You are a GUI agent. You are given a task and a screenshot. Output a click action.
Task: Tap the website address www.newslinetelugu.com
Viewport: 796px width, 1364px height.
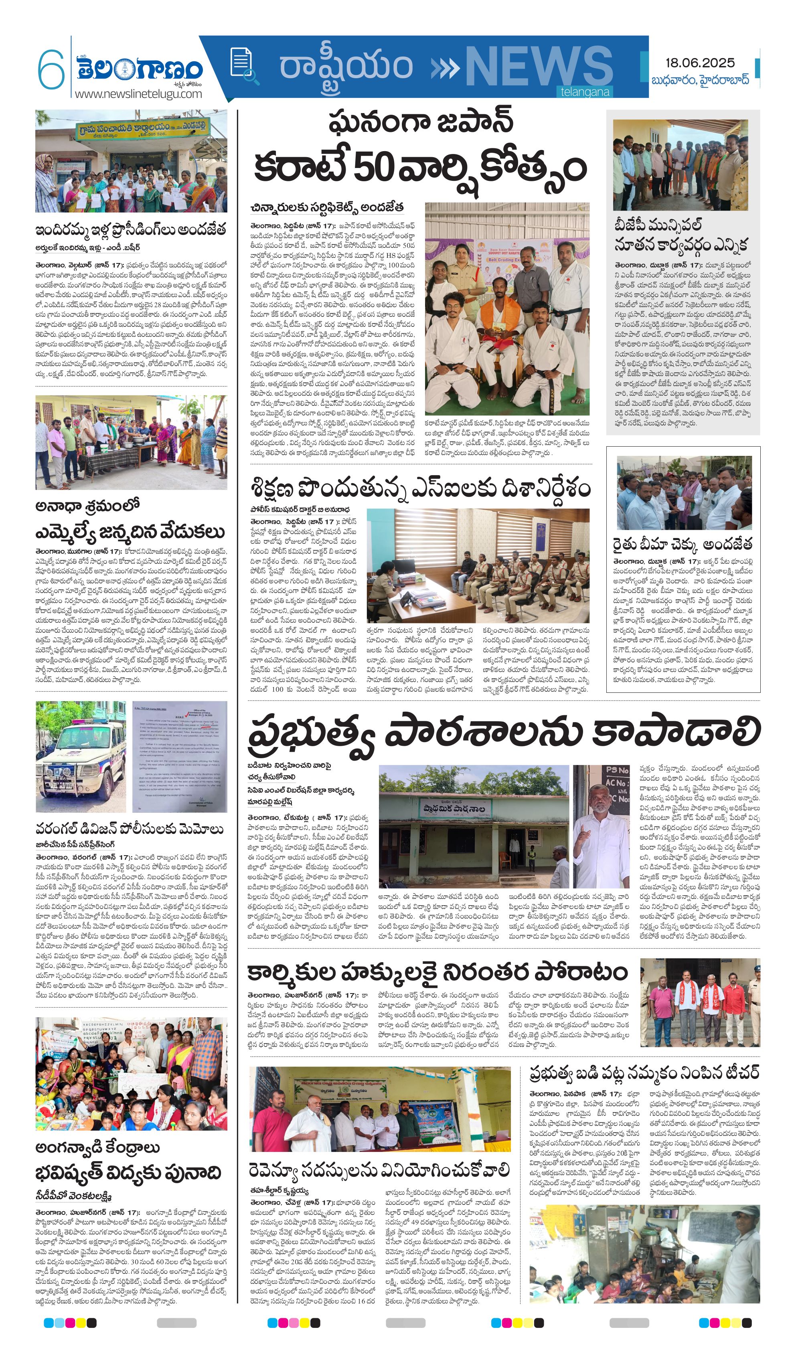point(138,94)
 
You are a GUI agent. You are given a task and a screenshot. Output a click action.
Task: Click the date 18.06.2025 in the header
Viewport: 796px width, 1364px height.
point(700,63)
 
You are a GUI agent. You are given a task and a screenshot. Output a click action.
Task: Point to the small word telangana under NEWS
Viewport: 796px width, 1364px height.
point(584,92)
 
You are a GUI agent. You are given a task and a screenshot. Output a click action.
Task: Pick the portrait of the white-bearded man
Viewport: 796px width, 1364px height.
point(601,826)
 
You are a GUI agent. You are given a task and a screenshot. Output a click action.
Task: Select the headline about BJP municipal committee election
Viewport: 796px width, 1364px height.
point(680,235)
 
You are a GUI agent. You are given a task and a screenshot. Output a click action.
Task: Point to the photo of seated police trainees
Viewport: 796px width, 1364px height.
point(478,566)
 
